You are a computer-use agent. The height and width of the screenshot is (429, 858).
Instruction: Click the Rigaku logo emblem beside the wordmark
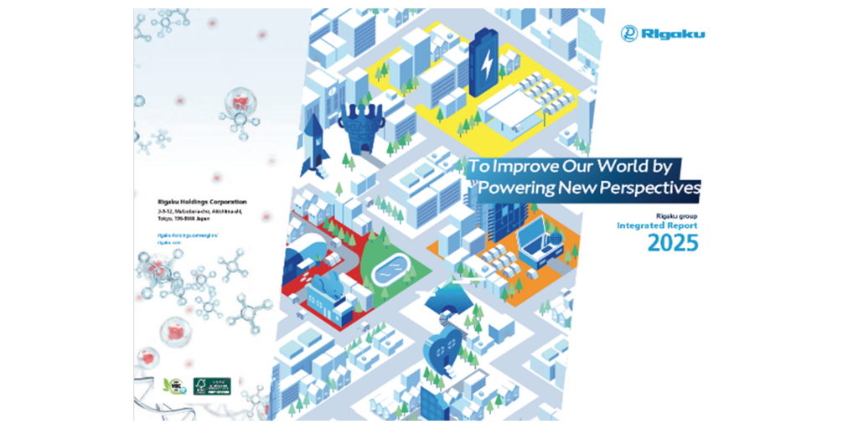[629, 34]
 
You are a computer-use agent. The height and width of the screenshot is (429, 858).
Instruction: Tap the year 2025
[673, 244]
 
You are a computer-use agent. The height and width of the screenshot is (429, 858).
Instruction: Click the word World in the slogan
[617, 165]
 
